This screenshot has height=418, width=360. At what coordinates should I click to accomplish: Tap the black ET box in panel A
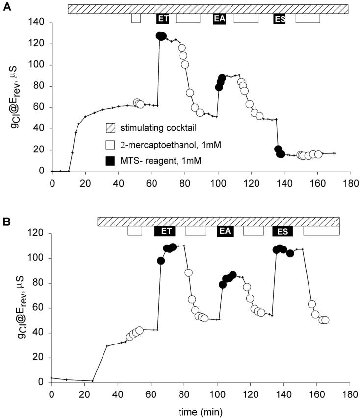click(163, 19)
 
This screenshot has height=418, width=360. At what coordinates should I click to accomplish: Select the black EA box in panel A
click(219, 19)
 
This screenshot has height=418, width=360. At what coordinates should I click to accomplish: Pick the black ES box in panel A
click(280, 19)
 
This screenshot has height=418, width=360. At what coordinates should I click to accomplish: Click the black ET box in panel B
click(165, 231)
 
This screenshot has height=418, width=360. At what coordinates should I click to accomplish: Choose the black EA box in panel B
click(226, 231)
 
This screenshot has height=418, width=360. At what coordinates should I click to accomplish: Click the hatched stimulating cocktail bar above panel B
click(218, 221)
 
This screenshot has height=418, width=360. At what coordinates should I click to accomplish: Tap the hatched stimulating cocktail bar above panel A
click(208, 9)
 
